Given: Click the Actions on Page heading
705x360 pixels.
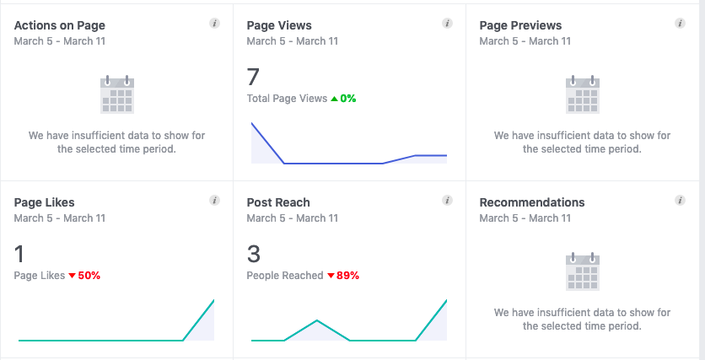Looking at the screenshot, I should click(60, 25).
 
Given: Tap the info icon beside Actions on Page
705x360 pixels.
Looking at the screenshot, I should click(214, 24).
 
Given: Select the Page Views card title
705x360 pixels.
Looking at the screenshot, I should click(279, 25).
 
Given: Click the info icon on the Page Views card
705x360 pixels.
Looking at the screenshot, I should click(447, 24).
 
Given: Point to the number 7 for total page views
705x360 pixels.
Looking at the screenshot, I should click(253, 78).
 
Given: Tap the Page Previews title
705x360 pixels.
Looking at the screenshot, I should click(520, 25).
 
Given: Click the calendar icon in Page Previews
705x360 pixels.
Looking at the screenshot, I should click(582, 94).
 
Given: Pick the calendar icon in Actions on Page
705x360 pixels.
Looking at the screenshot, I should click(117, 94).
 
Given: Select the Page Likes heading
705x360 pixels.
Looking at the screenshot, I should click(45, 202).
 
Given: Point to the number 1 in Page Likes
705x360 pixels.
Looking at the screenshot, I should click(20, 255).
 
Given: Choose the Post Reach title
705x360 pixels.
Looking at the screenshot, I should click(278, 202).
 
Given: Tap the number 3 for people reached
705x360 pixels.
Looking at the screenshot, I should click(253, 255).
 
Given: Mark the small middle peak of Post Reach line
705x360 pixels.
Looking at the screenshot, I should click(316, 320).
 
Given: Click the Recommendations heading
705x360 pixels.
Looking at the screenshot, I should click(532, 202).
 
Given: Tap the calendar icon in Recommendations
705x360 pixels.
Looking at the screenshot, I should click(582, 271).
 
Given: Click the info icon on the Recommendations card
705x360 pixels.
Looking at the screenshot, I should click(680, 201).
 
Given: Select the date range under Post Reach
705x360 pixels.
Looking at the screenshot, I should click(293, 218).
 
